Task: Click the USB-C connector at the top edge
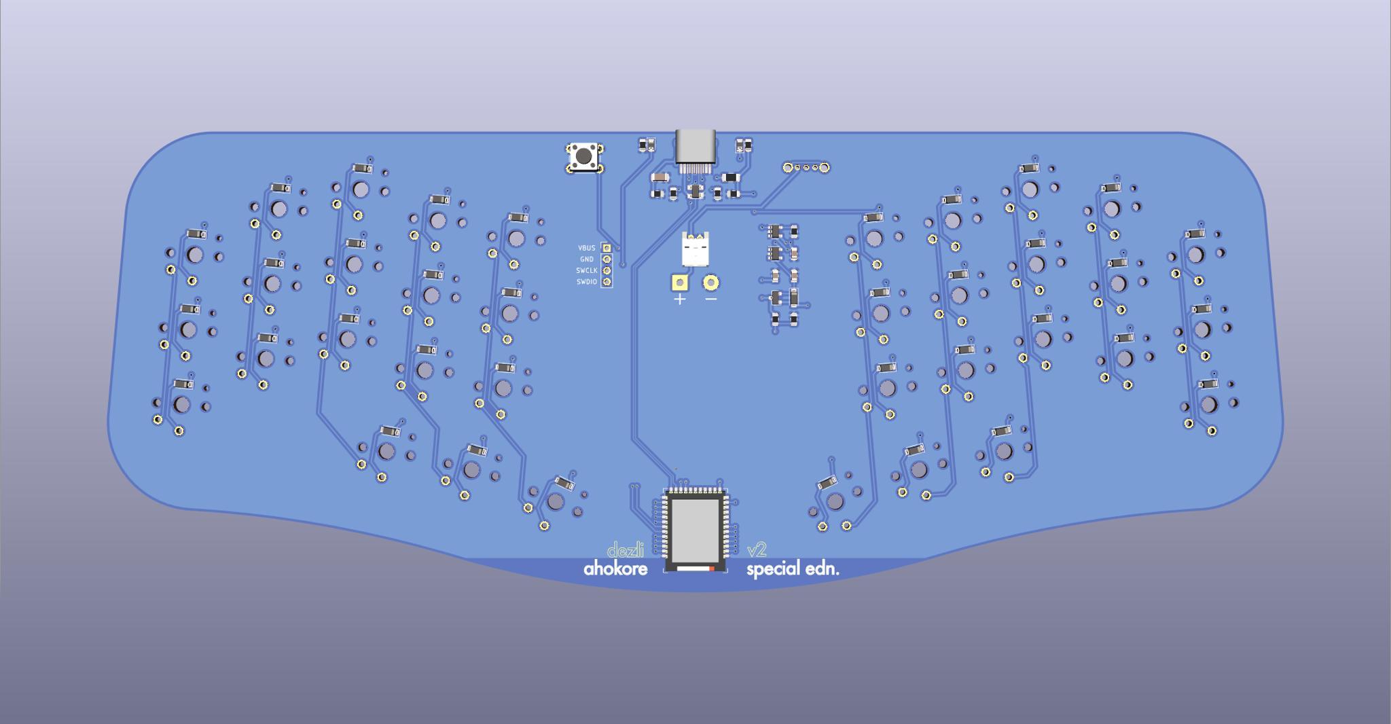(x=695, y=146)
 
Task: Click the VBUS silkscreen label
(x=586, y=249)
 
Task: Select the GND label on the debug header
(x=586, y=259)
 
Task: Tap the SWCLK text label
(x=586, y=270)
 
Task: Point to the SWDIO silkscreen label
(x=586, y=282)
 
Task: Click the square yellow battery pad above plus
(x=679, y=283)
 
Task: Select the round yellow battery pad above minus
(x=710, y=283)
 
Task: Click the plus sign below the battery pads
(x=679, y=299)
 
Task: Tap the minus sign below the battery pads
(x=710, y=299)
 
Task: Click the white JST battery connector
(x=695, y=249)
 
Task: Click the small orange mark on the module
(x=711, y=568)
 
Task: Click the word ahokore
(x=615, y=568)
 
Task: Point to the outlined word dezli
(x=625, y=550)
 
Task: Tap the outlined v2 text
(x=757, y=550)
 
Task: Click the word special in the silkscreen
(x=773, y=569)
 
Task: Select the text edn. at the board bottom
(x=822, y=568)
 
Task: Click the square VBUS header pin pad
(x=607, y=249)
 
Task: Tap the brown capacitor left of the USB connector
(x=660, y=177)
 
